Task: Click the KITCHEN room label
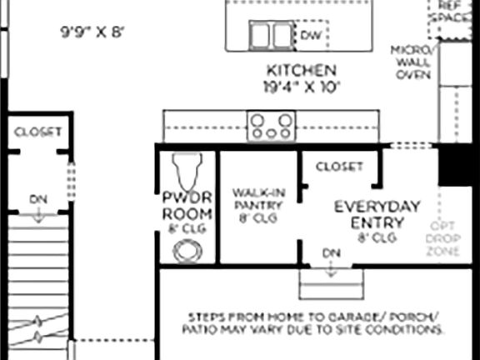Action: coord(301,70)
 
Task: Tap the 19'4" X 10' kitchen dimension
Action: coord(301,85)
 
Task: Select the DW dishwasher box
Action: coord(311,35)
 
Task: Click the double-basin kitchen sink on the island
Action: coord(270,35)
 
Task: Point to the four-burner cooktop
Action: coord(272,126)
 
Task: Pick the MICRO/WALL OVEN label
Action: coord(411,62)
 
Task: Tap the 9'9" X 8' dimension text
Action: coord(91,32)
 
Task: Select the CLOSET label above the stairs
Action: coord(38,132)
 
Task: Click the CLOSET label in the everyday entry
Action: coord(339,167)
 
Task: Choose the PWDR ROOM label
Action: coord(187,207)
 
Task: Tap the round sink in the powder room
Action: coord(186,249)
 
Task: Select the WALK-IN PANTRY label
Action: coord(256,204)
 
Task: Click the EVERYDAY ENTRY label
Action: coord(377,215)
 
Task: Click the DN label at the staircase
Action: coord(37,199)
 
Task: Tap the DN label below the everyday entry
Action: coord(331,252)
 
